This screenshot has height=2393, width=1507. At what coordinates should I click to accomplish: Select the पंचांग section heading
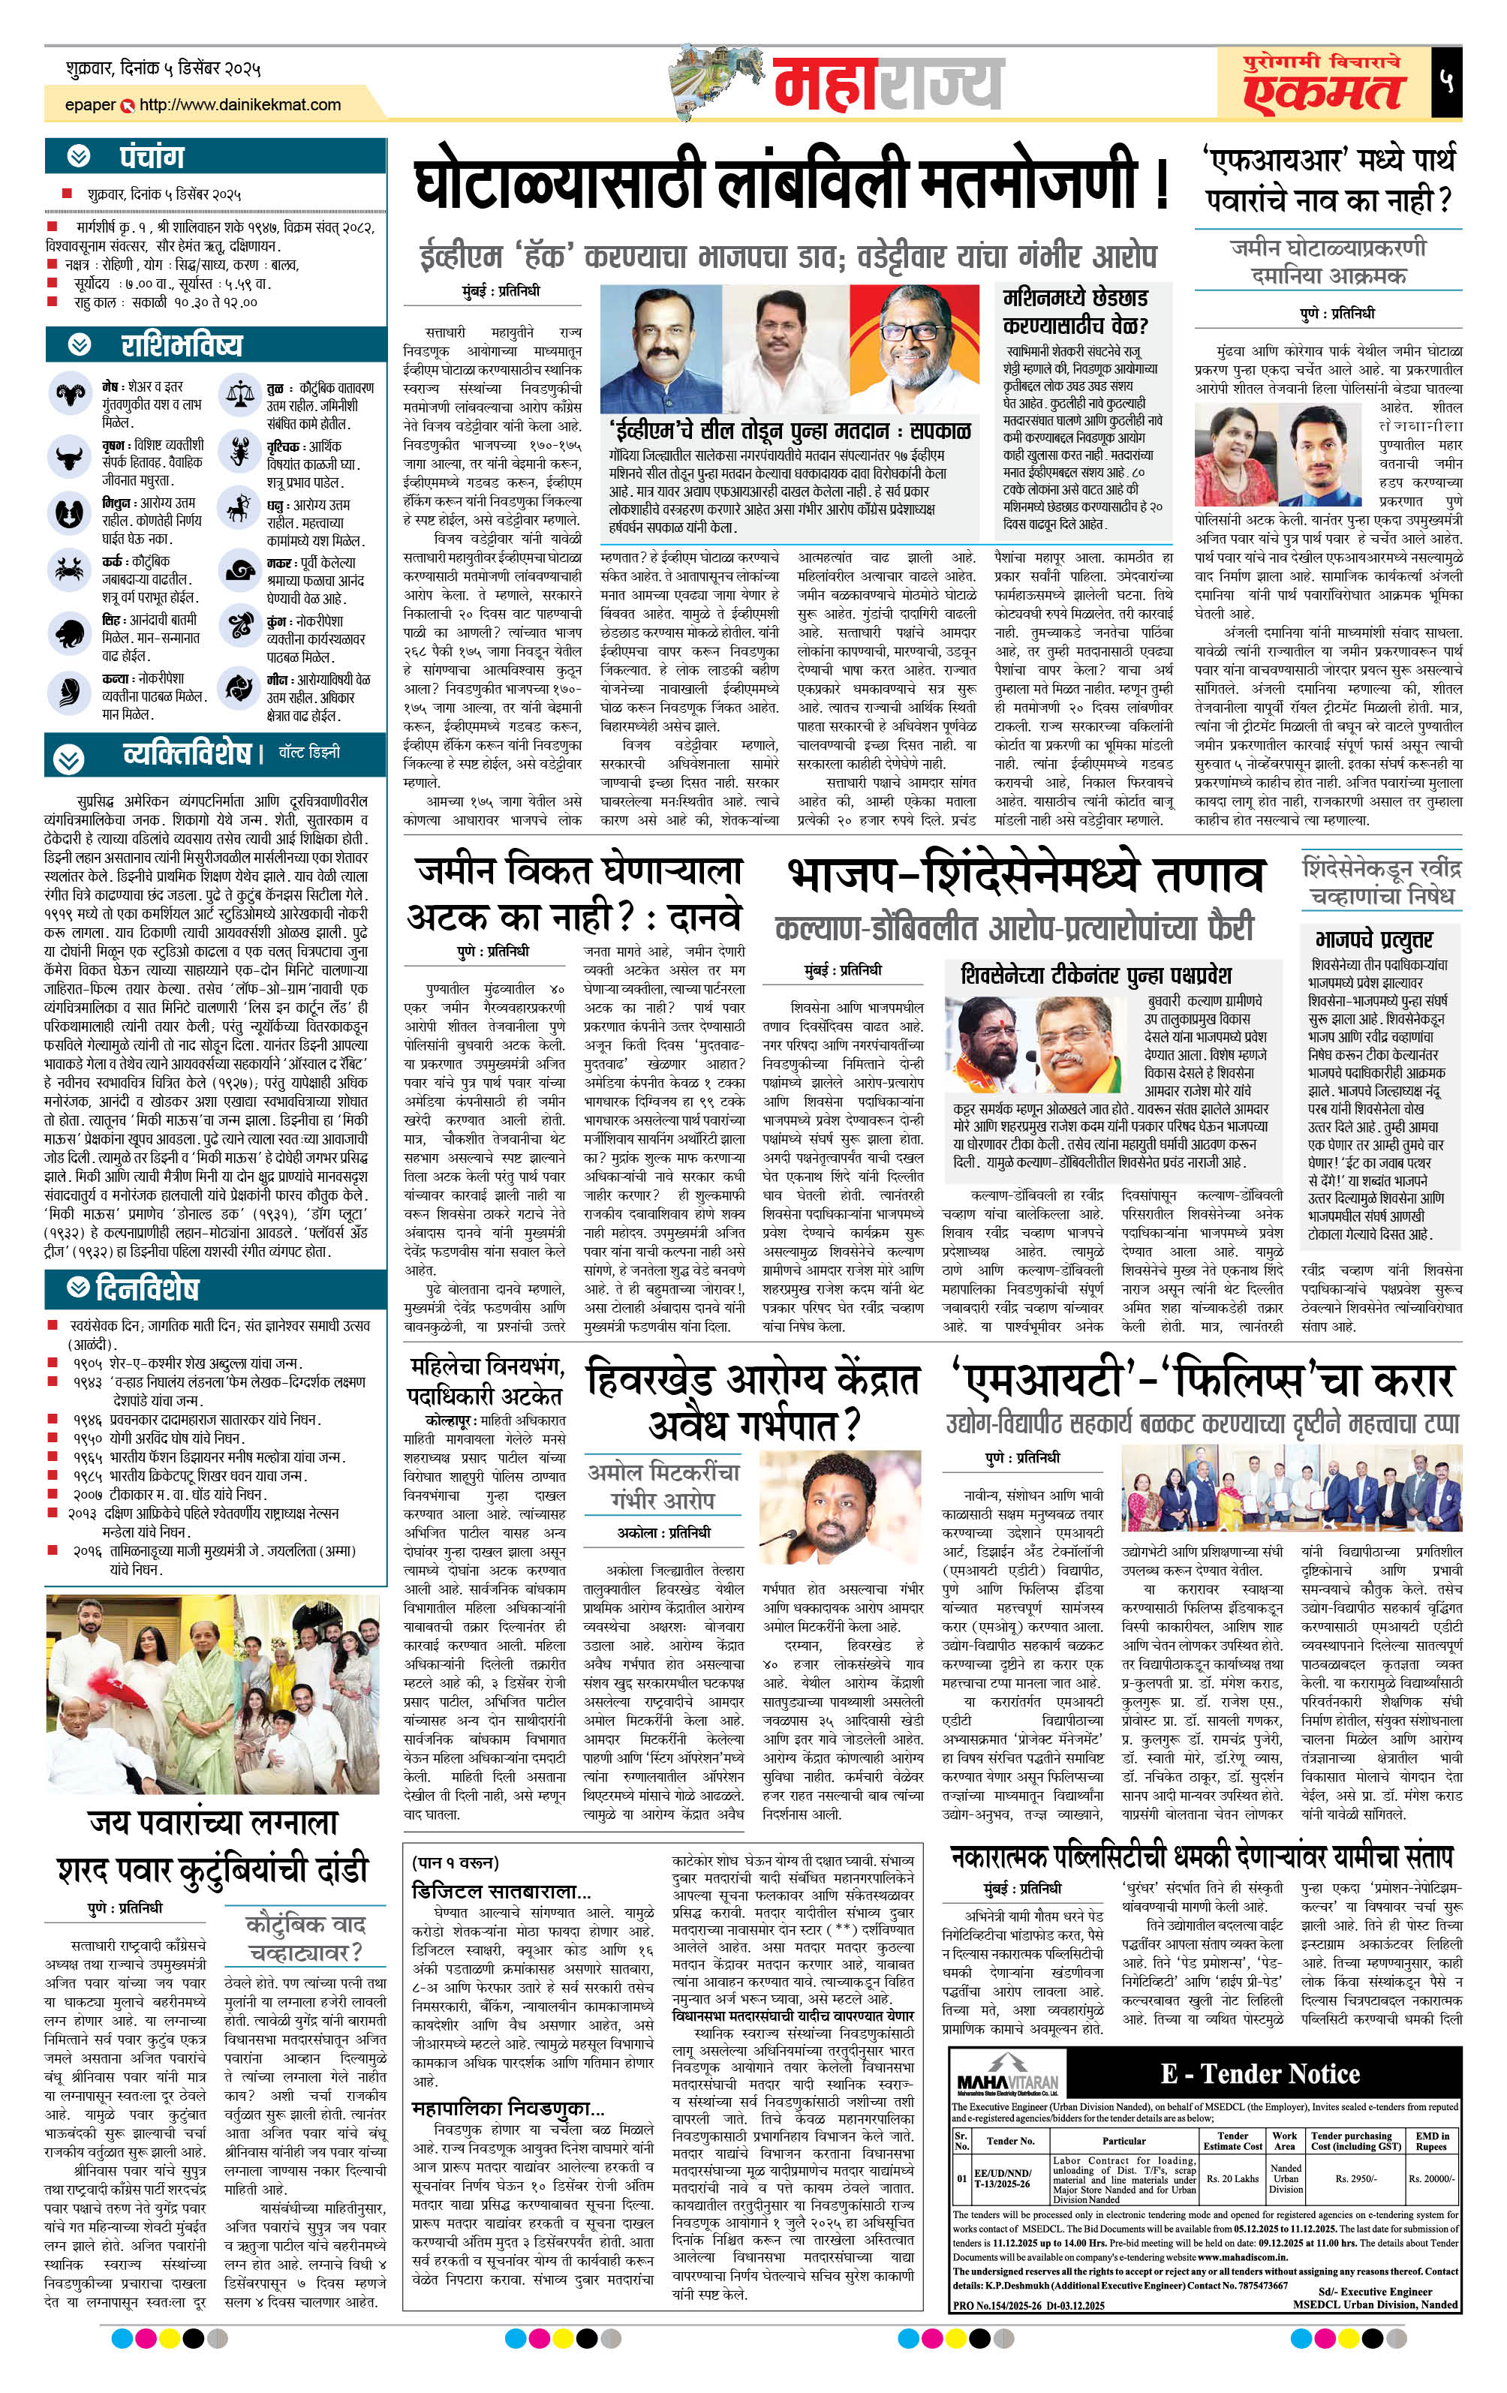point(152,156)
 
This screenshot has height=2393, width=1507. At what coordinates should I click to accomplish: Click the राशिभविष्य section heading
point(181,345)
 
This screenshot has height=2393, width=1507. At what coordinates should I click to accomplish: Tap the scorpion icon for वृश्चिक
point(239,453)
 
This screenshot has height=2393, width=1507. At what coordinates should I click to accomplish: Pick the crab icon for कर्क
point(68,570)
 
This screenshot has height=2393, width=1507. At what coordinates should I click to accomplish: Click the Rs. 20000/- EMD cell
point(1431,2179)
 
